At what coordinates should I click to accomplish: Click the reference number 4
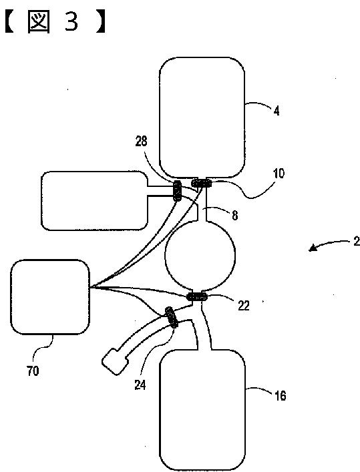coord(277,111)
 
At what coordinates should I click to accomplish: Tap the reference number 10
coord(279,174)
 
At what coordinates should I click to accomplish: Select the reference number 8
coord(234,215)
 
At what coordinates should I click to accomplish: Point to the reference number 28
coord(141,141)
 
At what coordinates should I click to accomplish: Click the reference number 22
coord(243,306)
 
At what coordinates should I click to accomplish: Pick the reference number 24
coord(140,385)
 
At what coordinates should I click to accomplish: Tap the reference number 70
coord(33,371)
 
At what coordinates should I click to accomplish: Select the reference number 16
coord(280,395)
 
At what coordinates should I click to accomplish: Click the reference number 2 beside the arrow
coord(357,242)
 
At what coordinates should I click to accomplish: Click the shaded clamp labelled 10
coord(202,182)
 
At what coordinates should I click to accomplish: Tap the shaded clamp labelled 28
coord(177,190)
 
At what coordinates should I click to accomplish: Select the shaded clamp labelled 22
coord(197,297)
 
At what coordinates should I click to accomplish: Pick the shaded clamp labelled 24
coord(172,317)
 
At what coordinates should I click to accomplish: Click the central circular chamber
coord(200,256)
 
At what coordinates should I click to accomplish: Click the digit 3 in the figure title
coord(71,21)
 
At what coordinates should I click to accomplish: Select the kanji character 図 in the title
coord(39,21)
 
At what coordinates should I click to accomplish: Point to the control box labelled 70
coord(50,297)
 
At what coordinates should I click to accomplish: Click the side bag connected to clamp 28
coord(94,201)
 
